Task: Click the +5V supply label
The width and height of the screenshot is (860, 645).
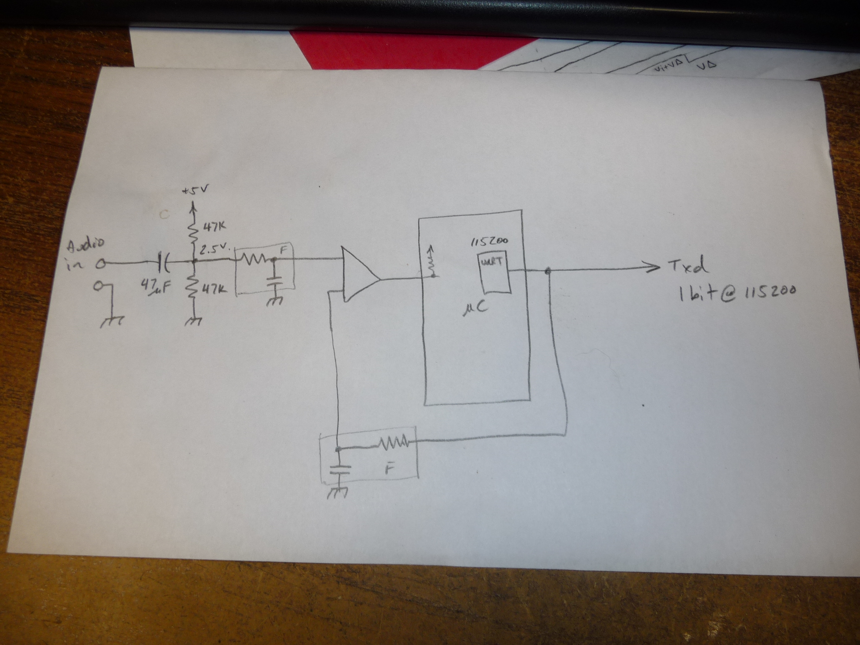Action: (194, 191)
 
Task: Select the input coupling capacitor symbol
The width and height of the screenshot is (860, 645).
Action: (163, 263)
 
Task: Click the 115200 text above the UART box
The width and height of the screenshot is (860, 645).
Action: (489, 241)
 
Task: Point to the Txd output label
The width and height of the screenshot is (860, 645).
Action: (689, 267)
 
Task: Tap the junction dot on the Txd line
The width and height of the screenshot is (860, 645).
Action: (548, 270)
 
